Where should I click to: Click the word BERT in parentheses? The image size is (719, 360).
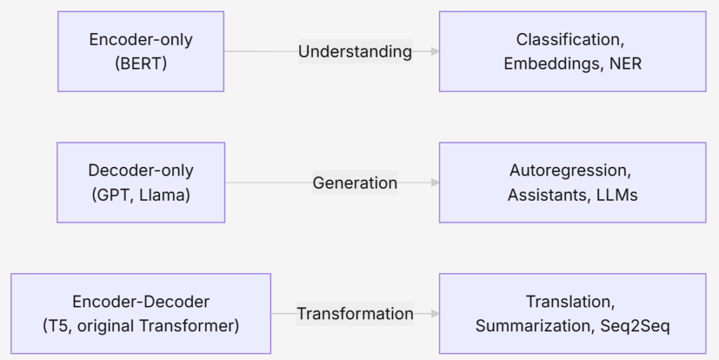[x=140, y=63]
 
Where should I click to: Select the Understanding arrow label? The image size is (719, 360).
[x=355, y=51]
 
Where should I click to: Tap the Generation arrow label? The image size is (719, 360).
[x=355, y=182]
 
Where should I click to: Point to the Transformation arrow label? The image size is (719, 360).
[x=355, y=314]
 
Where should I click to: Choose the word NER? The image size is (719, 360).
[x=626, y=64]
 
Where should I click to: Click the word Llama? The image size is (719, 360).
[x=164, y=195]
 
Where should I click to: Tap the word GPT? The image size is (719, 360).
[x=112, y=195]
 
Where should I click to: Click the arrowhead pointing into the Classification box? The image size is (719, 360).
[x=435, y=51]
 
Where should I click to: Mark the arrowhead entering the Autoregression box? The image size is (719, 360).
[x=435, y=182]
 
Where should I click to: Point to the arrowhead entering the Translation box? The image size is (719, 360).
[x=435, y=314]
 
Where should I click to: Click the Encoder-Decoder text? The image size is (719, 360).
[x=140, y=302]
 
